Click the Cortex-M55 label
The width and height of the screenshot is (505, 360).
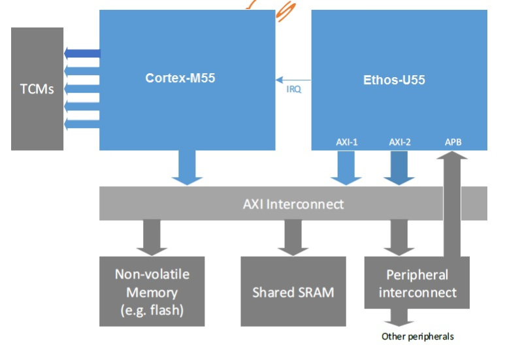(180, 78)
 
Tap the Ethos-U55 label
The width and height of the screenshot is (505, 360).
(394, 80)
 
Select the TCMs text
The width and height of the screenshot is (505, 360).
(37, 89)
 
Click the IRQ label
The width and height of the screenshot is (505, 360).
(294, 90)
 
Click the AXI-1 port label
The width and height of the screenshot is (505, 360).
(346, 142)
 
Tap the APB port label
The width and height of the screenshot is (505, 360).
(453, 142)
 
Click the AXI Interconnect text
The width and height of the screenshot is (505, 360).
(293, 204)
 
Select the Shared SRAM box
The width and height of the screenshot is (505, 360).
(293, 291)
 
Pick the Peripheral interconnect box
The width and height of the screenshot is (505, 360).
(417, 283)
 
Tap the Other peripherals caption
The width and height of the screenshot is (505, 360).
(417, 336)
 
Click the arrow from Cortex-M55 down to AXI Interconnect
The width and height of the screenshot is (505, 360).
(187, 168)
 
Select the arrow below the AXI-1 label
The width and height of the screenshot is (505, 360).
(346, 168)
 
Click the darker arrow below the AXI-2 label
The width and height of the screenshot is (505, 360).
(400, 168)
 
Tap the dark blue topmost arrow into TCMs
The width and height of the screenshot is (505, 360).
(82, 54)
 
